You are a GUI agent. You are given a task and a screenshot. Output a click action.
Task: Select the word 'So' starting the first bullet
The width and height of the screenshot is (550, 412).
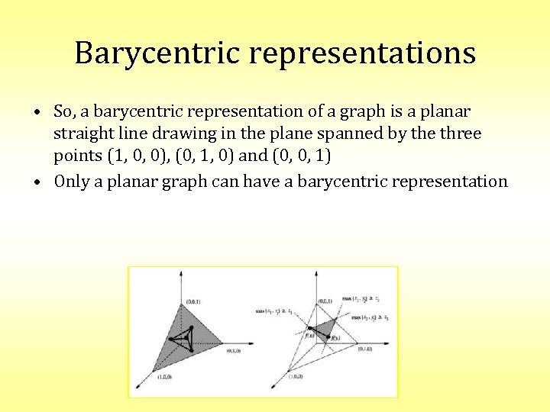pos(63,111)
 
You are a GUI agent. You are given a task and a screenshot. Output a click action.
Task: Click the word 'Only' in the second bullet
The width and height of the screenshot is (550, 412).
pos(70,181)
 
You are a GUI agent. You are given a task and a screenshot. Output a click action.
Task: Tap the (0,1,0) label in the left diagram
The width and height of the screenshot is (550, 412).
pos(234,351)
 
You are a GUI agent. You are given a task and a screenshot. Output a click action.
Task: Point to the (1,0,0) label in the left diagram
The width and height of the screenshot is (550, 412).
pos(164,377)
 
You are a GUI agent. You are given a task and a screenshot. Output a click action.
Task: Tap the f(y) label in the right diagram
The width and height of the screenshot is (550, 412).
pos(335,338)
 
